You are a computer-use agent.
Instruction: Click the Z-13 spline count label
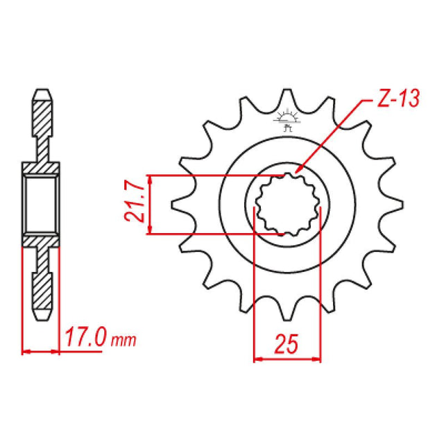click(398, 100)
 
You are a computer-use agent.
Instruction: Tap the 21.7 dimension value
click(136, 203)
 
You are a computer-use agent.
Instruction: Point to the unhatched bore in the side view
click(42, 204)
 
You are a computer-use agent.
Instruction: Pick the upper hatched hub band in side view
click(42, 167)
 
